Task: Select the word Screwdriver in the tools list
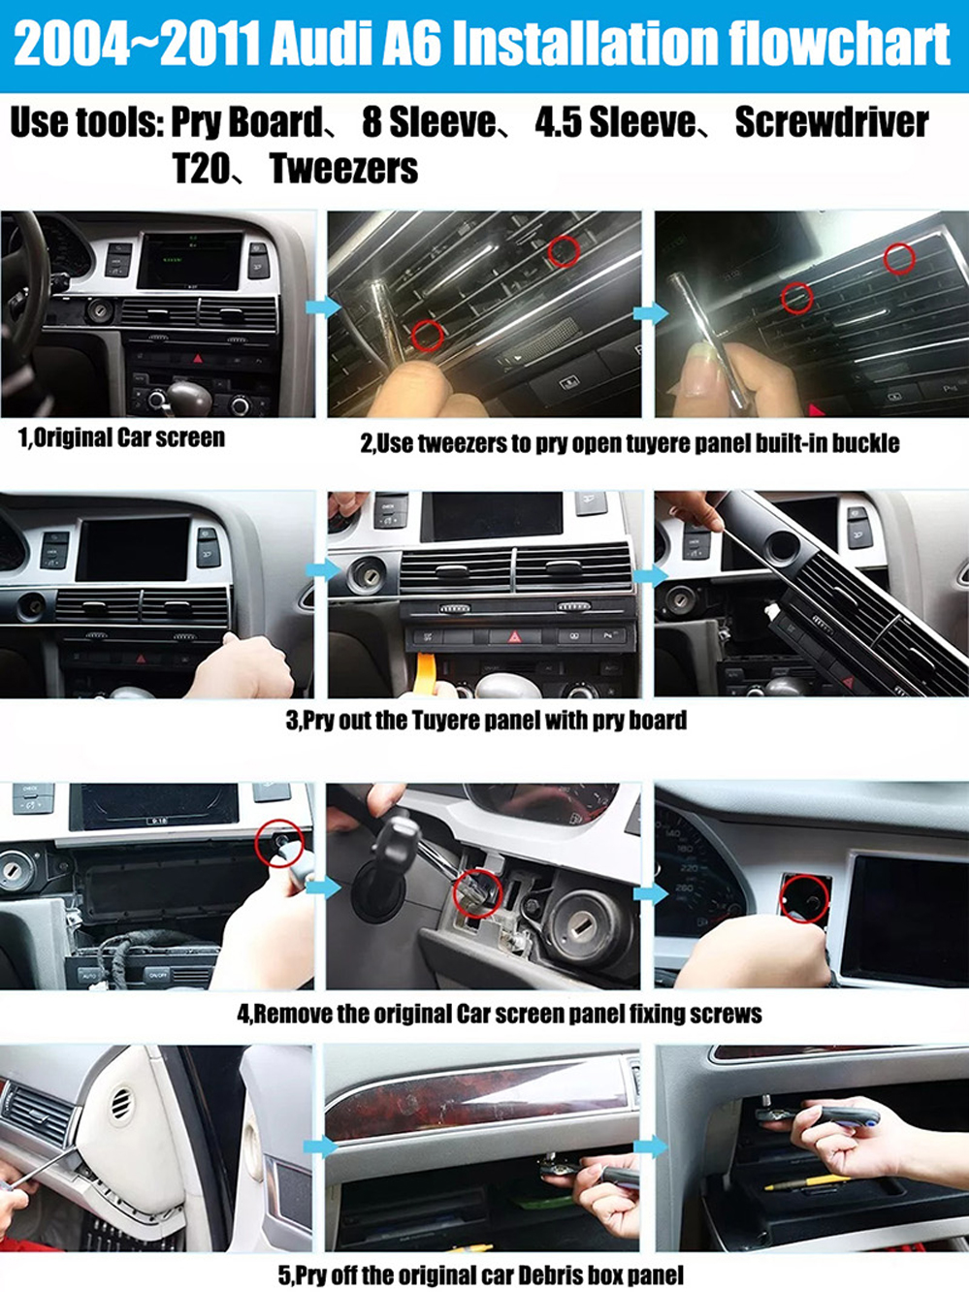(x=832, y=122)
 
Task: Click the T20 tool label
(x=201, y=169)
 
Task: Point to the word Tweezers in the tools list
(x=343, y=169)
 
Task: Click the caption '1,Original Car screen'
(x=122, y=438)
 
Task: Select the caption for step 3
(x=486, y=720)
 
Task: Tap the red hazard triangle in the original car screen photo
(x=198, y=358)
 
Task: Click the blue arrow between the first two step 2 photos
(x=324, y=307)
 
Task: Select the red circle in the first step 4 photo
(x=279, y=843)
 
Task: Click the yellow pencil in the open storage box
(x=806, y=1182)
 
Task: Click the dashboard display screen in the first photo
(x=189, y=261)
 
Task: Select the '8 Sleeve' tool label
(x=429, y=122)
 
